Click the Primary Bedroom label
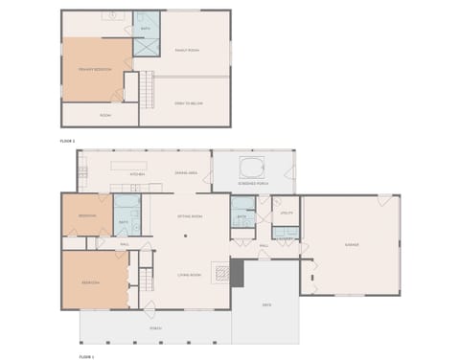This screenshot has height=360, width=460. pos(96,69)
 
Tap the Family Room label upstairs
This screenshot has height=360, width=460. pos(187,50)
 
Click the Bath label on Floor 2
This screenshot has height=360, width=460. pos(146,29)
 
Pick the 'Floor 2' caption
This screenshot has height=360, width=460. pos(67,141)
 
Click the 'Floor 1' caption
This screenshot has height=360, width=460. pos(85,355)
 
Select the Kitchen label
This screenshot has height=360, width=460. pos(137,175)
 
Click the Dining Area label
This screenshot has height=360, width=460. pos(186,172)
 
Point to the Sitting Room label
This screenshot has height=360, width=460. pos(189,216)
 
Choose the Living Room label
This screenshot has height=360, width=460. pos(188,275)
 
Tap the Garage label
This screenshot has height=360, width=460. pos(352,245)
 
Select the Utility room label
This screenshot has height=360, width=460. pos(286,213)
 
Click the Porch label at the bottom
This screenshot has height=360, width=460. pos(155,328)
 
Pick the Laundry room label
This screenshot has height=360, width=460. pos(286,237)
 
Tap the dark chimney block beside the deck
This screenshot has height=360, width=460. pos(238,274)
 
